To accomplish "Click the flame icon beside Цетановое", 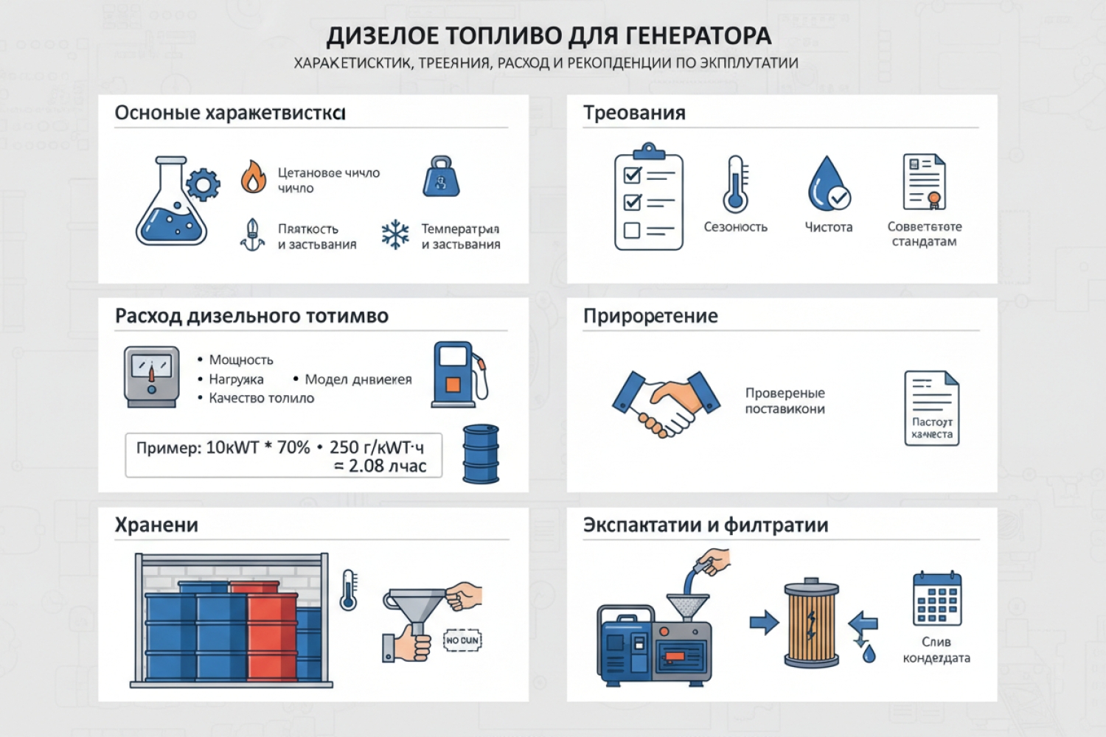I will (254, 178).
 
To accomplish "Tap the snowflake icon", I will (395, 234).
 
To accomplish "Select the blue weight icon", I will (441, 177).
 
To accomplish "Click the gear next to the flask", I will (203, 184).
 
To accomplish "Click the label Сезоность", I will (735, 227).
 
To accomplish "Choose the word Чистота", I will (828, 227).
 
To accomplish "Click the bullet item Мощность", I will (241, 360).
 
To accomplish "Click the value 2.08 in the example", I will (366, 466).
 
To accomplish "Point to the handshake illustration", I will (666, 402).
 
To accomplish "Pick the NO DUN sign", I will (462, 640).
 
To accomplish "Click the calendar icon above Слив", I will (936, 598).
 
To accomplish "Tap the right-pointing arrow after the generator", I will (764, 622).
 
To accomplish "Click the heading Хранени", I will (156, 525).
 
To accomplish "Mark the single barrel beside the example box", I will (481, 454).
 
